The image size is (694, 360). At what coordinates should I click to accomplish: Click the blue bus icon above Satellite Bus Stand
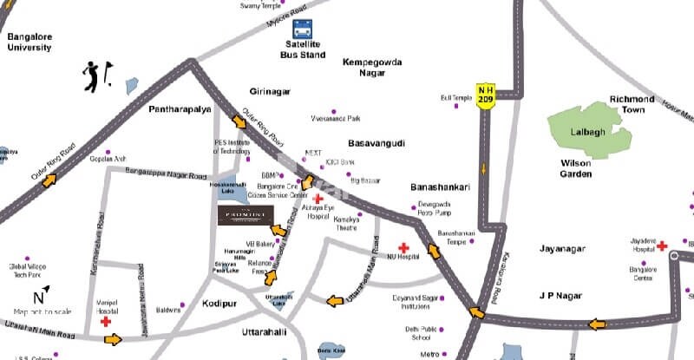302,29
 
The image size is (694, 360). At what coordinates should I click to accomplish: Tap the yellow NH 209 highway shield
486,92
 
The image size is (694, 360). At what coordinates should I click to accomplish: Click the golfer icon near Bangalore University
95,75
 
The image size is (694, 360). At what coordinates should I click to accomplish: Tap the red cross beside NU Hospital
403,247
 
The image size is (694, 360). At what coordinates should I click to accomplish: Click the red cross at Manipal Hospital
106,321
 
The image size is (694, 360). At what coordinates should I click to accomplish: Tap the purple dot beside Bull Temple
476,98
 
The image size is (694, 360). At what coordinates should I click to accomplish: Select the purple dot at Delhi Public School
441,330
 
